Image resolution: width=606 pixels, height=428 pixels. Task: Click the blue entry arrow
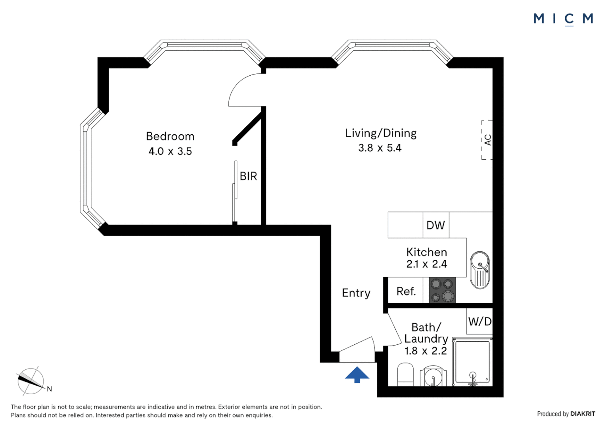(x=357, y=374)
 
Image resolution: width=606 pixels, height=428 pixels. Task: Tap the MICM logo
(x=563, y=19)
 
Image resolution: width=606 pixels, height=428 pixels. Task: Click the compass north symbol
(x=31, y=381)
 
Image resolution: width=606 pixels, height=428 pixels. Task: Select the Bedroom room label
(x=170, y=136)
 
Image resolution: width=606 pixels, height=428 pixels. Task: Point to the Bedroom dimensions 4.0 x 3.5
(x=170, y=151)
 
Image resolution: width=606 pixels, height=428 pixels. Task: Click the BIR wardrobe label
(x=248, y=176)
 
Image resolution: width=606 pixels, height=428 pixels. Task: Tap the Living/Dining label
(x=380, y=133)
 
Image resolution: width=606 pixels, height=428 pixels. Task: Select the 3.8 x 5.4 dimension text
(x=380, y=148)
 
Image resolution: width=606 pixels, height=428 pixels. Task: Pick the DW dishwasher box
(x=436, y=225)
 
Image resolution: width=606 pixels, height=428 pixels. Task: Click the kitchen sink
(x=480, y=269)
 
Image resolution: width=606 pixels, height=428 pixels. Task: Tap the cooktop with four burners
(x=442, y=290)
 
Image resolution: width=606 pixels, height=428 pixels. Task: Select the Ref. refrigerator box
(x=406, y=291)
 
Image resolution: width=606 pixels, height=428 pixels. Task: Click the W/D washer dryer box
(x=479, y=321)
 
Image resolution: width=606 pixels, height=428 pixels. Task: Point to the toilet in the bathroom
(x=405, y=374)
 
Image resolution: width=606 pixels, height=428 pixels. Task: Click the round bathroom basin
(x=433, y=376)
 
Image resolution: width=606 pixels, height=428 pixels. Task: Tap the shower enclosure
(x=472, y=361)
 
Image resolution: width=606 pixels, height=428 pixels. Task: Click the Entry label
(x=356, y=293)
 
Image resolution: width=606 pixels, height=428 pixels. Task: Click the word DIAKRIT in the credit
(x=583, y=414)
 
